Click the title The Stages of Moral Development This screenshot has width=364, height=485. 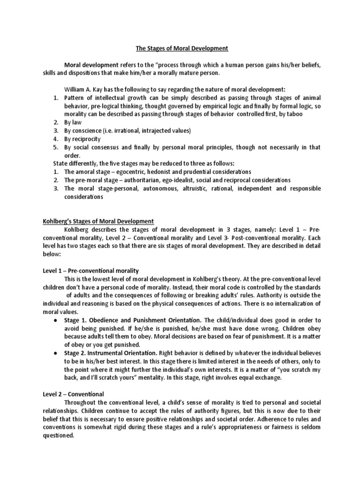(182, 48)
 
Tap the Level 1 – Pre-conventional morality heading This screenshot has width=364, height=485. (91, 270)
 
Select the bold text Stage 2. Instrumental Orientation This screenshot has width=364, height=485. (109, 353)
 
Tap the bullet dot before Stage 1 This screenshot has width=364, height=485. (56, 320)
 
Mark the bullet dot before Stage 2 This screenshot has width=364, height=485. (56, 353)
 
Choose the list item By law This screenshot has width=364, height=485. (73, 122)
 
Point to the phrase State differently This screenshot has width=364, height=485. (74, 163)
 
